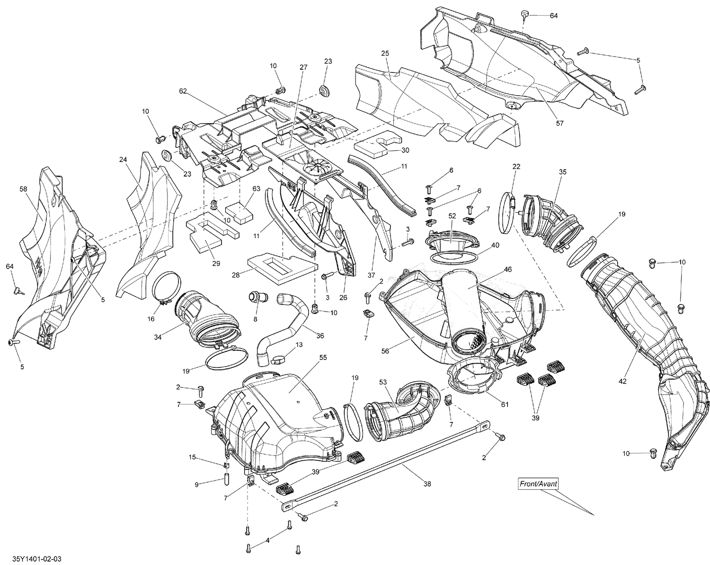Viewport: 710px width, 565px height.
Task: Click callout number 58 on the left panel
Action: tap(23, 189)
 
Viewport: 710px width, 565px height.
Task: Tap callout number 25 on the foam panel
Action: tap(384, 54)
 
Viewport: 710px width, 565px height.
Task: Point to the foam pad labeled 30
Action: tap(378, 143)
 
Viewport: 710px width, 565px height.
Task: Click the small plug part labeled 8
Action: tap(257, 298)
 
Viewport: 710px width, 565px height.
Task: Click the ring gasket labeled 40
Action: tap(454, 258)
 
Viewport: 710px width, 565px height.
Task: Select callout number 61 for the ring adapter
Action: tap(505, 404)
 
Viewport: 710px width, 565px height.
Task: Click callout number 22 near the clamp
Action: tap(516, 166)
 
